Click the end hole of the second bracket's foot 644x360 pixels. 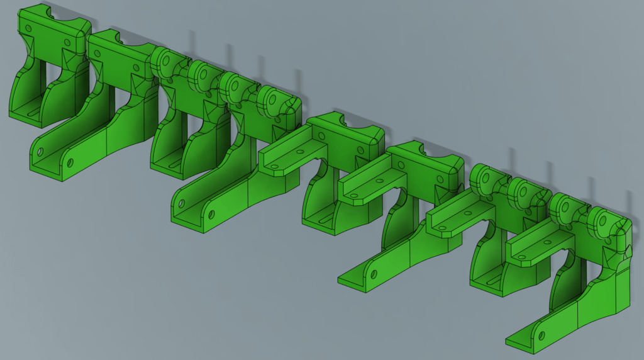click(40, 152)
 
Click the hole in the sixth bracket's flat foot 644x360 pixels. click(374, 274)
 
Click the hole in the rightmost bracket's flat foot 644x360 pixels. click(539, 334)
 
